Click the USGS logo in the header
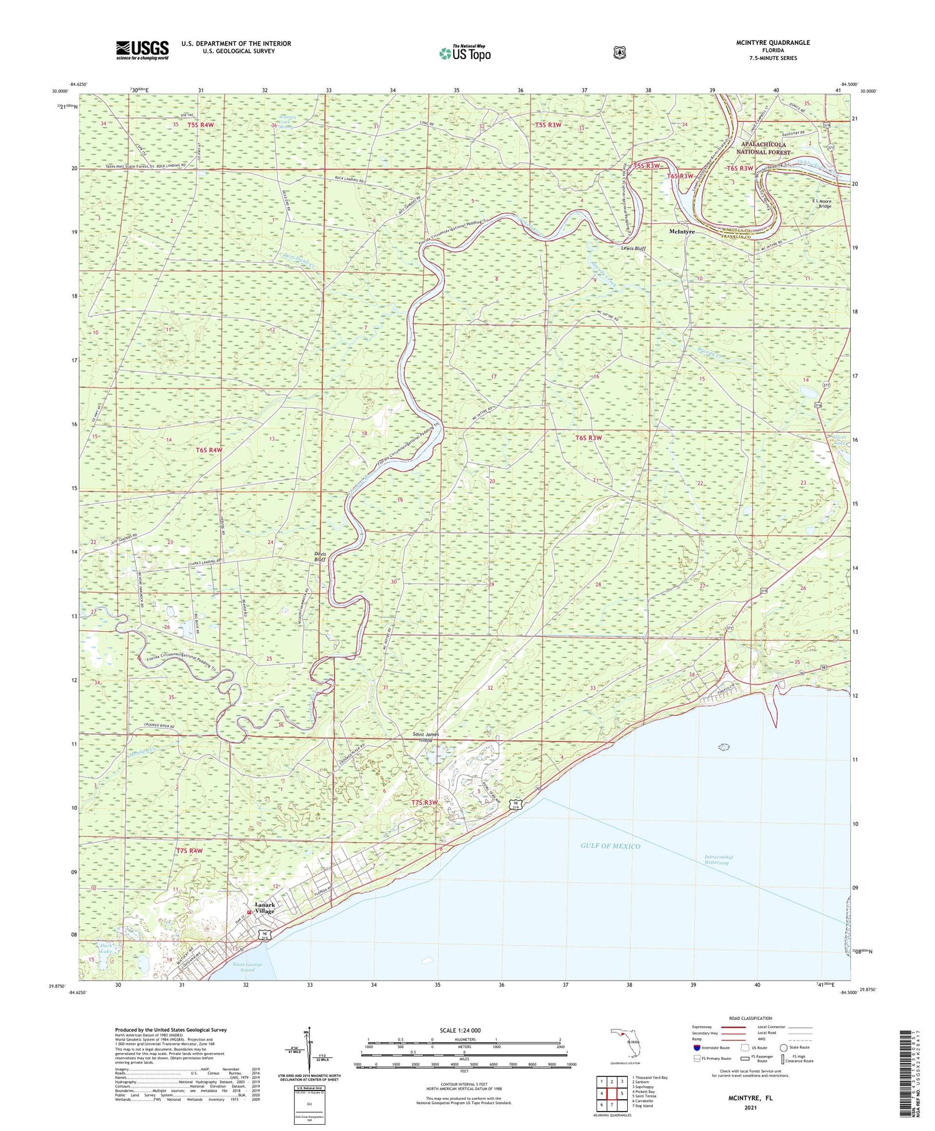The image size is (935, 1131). pos(142,50)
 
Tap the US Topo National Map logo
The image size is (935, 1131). pos(464,53)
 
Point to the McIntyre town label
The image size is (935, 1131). pos(682,231)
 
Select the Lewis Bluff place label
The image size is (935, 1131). pos(633,248)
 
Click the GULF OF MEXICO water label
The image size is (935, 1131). pos(610,846)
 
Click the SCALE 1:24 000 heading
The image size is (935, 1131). pos(460,1030)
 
